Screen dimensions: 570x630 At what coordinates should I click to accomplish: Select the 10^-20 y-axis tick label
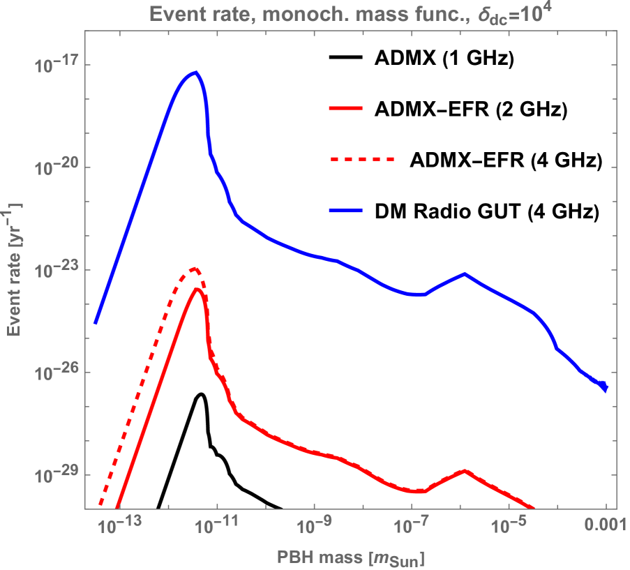pyautogui.click(x=52, y=167)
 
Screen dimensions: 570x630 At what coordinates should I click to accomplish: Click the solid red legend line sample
pyautogui.click(x=345, y=108)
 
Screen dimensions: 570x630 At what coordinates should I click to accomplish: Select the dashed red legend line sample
pyautogui.click(x=361, y=160)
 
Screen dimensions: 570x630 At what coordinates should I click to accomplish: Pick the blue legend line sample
pyautogui.click(x=345, y=211)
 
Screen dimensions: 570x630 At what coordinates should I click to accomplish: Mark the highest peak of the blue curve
pyautogui.click(x=197, y=72)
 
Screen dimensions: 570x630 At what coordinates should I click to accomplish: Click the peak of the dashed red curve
pyautogui.click(x=195, y=269)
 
